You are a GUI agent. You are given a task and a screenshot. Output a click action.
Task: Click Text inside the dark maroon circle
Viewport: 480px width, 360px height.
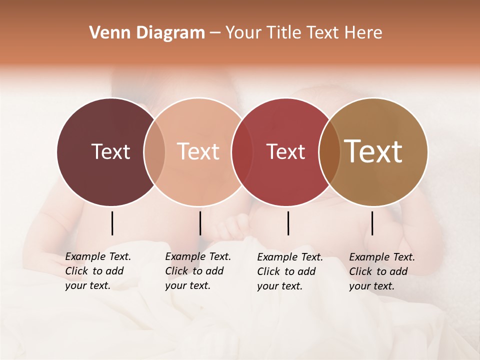click(110, 151)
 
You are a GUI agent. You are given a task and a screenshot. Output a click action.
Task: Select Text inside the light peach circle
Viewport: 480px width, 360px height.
click(198, 151)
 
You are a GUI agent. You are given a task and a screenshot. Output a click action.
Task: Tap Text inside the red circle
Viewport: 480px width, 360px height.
click(285, 151)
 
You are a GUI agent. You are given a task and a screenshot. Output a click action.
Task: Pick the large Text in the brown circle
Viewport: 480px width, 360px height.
click(373, 151)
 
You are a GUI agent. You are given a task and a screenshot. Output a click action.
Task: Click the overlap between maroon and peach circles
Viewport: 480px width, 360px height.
click(154, 151)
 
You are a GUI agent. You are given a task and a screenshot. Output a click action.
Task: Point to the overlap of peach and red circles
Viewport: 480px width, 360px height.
click(242, 151)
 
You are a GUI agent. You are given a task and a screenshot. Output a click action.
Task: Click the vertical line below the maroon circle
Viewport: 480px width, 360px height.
click(112, 223)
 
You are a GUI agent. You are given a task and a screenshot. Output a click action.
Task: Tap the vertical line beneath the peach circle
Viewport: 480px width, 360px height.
click(200, 223)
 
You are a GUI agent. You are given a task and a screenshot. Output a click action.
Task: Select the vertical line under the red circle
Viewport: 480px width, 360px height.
click(288, 223)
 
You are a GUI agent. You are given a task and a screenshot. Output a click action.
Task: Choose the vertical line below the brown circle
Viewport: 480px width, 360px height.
click(372, 223)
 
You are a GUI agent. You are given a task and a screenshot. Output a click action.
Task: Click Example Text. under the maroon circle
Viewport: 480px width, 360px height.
click(98, 256)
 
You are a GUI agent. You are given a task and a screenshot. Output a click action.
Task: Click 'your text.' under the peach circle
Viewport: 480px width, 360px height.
click(187, 285)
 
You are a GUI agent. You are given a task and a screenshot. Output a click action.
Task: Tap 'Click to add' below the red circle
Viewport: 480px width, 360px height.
click(286, 271)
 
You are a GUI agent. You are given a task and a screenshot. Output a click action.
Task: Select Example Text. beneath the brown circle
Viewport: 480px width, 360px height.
click(382, 257)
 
